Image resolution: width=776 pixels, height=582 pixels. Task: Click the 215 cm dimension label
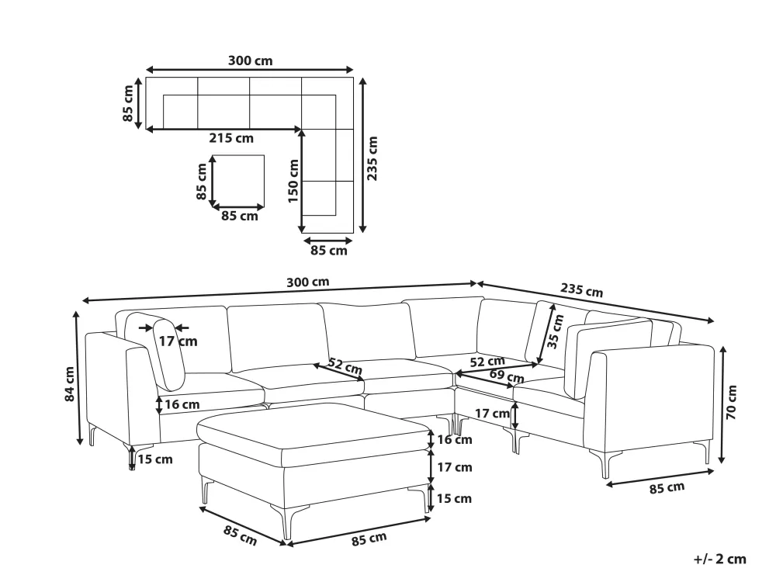(231, 138)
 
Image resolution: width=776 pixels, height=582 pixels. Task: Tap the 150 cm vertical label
(293, 181)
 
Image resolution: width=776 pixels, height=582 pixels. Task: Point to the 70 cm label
(732, 402)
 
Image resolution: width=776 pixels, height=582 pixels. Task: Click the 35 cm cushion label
(555, 331)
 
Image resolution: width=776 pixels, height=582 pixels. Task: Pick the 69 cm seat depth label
(507, 376)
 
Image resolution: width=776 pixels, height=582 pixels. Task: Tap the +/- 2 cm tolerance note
(719, 559)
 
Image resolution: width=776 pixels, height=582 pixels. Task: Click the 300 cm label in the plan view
(250, 61)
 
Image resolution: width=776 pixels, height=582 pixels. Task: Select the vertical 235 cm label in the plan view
(372, 158)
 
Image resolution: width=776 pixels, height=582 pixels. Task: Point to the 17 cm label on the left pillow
(178, 341)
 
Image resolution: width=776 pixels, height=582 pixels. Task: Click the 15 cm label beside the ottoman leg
(454, 498)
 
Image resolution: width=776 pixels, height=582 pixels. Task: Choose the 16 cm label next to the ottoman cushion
(454, 439)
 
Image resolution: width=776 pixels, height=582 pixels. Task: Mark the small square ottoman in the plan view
(238, 181)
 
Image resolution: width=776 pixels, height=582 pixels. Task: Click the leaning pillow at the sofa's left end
(168, 355)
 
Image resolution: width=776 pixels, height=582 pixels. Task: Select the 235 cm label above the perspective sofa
(581, 290)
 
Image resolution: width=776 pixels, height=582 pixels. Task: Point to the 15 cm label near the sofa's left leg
(155, 459)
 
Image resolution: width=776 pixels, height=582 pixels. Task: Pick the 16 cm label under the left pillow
(182, 404)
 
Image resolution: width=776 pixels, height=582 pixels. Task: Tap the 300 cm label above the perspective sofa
(308, 282)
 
